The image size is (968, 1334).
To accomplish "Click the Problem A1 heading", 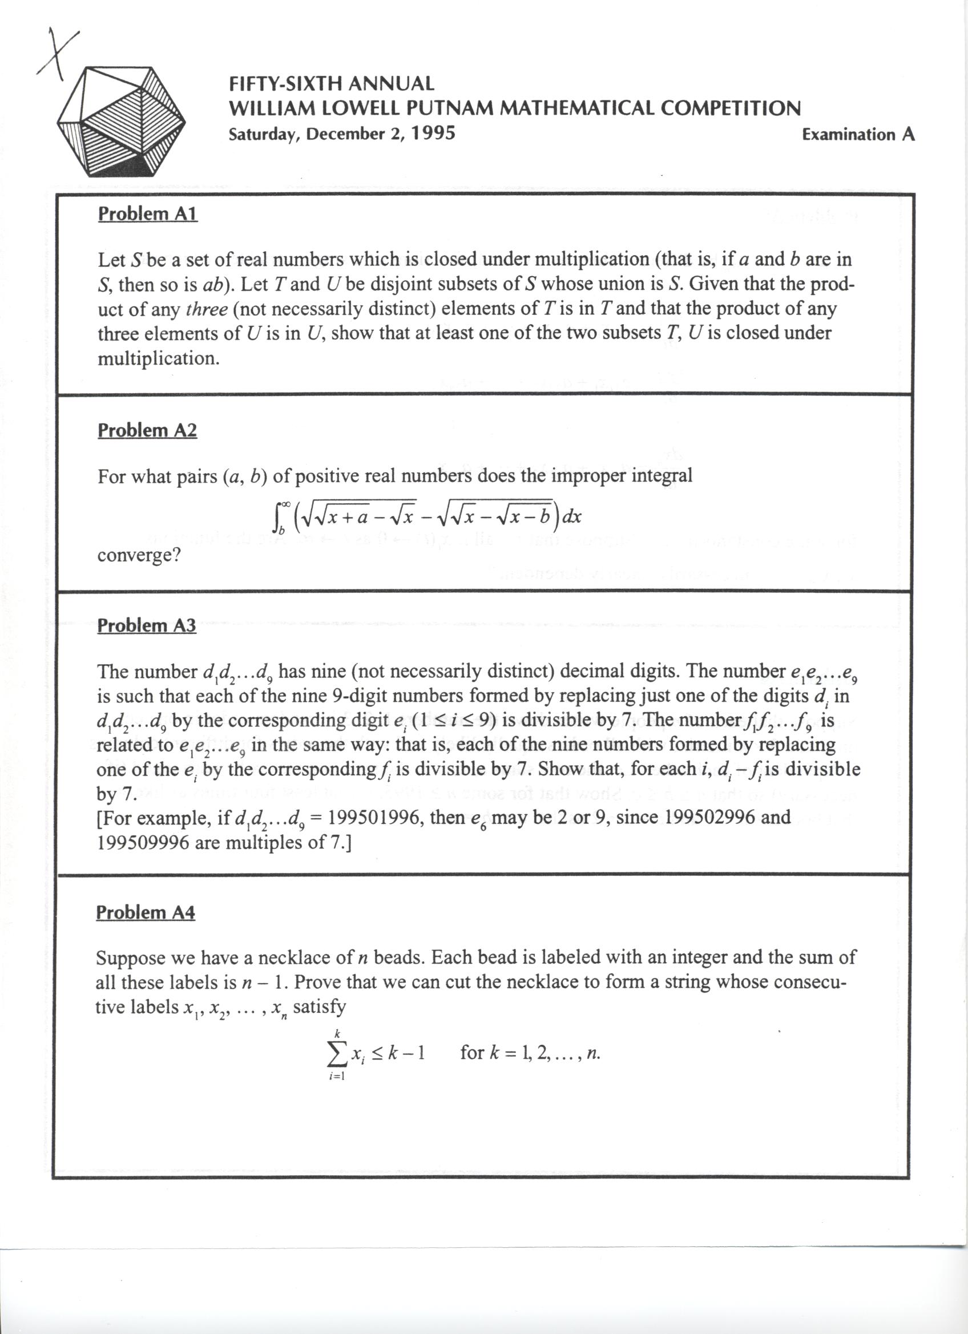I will click(x=148, y=213).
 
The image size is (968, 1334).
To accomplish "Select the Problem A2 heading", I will click(x=147, y=431).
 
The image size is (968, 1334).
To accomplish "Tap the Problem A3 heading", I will click(x=147, y=625).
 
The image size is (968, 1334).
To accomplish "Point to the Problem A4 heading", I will click(x=146, y=912).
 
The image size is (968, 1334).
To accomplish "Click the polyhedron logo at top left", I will click(x=121, y=122).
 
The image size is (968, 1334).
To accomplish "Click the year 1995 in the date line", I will click(x=433, y=134).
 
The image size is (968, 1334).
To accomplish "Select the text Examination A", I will click(x=858, y=135).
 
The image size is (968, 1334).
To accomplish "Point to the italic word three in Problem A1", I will click(x=206, y=309).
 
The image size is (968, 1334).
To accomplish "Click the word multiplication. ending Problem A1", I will click(x=158, y=358).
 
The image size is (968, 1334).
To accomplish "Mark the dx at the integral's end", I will click(x=572, y=516).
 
